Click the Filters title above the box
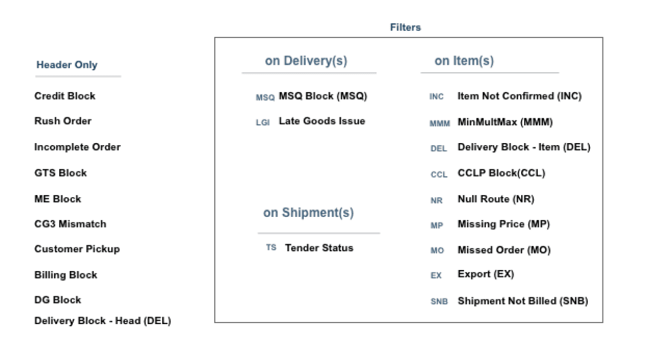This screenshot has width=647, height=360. point(405,27)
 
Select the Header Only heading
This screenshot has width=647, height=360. point(67,65)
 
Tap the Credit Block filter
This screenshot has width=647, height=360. point(65,96)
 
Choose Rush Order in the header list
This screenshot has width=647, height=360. point(63,121)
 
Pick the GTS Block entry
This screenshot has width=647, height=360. point(61,173)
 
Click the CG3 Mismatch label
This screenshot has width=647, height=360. point(70,224)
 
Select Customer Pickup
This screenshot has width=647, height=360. point(77,249)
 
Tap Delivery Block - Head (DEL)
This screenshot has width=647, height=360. point(103,321)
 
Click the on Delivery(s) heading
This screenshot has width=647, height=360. point(306,61)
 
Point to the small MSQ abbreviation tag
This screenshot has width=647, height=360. point(265,97)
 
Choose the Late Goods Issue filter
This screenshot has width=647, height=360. point(321,121)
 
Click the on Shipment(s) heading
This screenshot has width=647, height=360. point(308,213)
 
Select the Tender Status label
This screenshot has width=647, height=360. point(319,248)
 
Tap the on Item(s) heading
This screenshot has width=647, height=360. point(464,61)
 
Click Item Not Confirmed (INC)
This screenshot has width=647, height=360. point(519,96)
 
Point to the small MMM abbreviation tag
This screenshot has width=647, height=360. point(439,123)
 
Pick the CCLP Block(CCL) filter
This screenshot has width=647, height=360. point(501,173)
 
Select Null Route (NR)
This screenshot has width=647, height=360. point(495,199)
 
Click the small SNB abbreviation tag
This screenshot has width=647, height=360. point(439,302)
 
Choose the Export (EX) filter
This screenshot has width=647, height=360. point(485,274)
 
